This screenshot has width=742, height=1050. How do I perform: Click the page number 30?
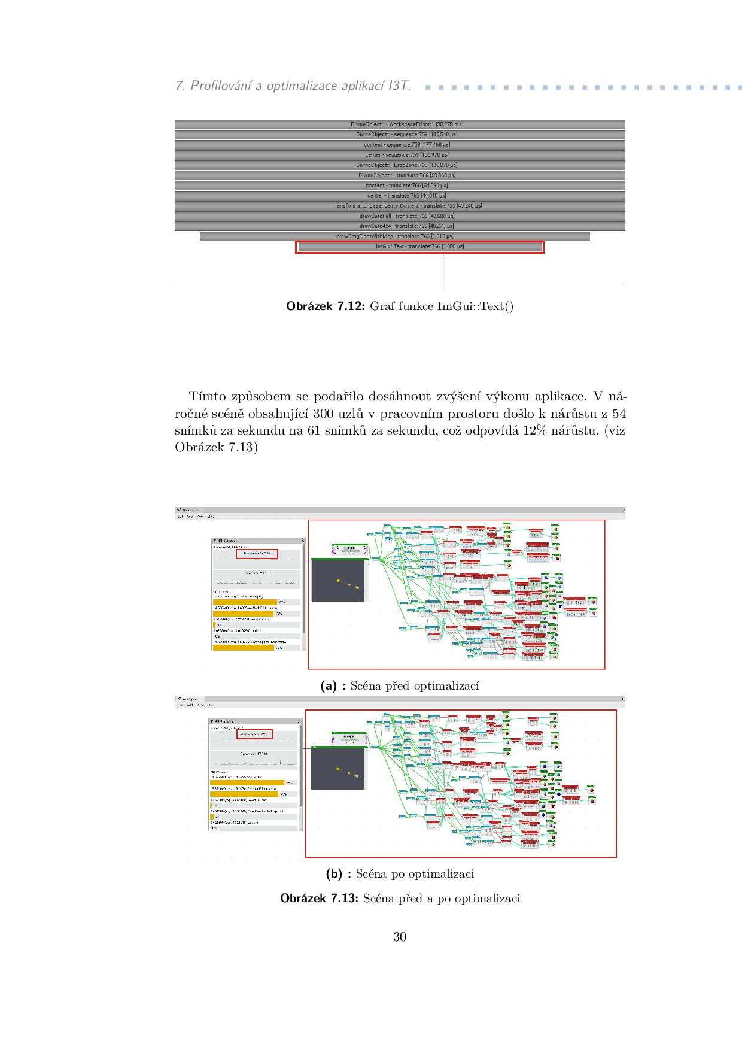pos(400,937)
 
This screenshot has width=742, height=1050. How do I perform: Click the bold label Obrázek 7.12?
pos(325,306)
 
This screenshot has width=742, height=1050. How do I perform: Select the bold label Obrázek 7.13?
pos(319,899)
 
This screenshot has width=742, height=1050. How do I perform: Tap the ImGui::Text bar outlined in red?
pos(419,247)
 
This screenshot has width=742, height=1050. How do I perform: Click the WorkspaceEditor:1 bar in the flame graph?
pos(400,125)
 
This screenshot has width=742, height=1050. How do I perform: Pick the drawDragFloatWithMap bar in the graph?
pos(394,236)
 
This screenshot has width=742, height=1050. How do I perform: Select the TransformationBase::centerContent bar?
pos(400,206)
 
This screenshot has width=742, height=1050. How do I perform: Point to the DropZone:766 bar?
pos(400,165)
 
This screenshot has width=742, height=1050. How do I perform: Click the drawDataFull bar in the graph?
pos(400,216)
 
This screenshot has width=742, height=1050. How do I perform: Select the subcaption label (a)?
pos(329,686)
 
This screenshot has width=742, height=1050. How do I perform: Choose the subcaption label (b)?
pos(334,874)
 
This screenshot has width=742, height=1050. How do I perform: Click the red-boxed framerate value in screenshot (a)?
pos(257,554)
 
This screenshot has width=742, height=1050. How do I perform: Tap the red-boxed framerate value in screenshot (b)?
pos(255,734)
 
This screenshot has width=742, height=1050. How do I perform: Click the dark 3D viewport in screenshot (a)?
pos(338,581)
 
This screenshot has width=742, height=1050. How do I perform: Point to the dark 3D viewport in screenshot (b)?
pos(338,769)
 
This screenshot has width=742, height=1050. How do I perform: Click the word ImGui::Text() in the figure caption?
pos(475,306)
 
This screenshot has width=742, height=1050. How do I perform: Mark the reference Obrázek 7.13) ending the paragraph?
pos(216,448)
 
